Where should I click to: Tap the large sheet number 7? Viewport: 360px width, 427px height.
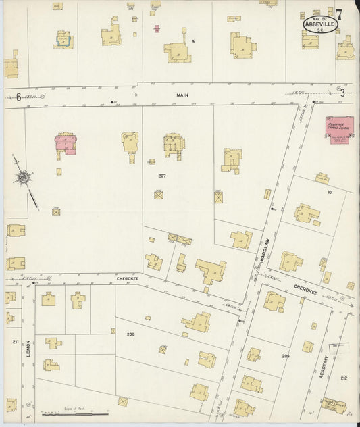pos(338,14)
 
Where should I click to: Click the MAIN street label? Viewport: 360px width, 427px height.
pos(182,95)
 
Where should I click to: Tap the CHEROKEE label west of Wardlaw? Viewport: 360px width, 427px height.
pos(127,278)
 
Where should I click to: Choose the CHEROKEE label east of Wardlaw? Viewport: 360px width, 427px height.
pos(305,289)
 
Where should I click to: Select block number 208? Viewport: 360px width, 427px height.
pos(130,334)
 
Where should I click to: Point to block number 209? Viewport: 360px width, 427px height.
pos(286,355)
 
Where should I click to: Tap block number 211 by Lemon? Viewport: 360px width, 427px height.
pos(14,342)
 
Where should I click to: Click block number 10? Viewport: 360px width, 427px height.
pos(329,193)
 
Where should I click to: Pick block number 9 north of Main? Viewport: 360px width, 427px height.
pos(192,42)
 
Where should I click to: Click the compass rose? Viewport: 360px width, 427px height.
pos(24,178)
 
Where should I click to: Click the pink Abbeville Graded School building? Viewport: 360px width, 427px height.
pos(340,128)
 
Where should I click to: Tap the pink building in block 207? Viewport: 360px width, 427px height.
pos(65,143)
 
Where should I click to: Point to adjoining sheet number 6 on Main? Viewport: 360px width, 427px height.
pos(19,97)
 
